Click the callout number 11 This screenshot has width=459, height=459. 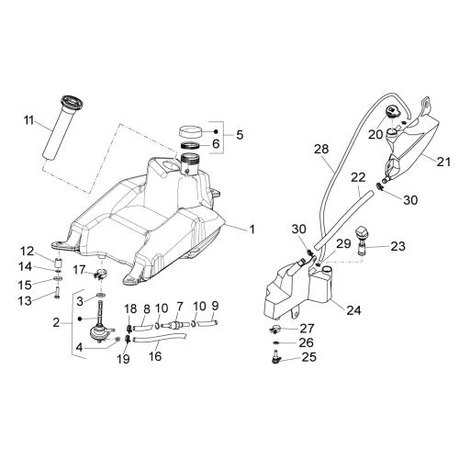[x=28, y=120]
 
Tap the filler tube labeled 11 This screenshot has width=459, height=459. [x=62, y=128]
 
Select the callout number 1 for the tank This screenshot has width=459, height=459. [x=252, y=229]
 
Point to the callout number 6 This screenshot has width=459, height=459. [x=216, y=143]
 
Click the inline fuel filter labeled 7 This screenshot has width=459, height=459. [x=174, y=324]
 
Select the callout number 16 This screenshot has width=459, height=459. [x=155, y=356]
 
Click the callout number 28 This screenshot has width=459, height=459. [x=321, y=149]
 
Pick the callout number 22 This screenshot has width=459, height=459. [x=358, y=177]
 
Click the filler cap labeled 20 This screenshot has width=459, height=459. [x=394, y=112]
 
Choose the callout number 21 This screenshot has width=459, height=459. [x=443, y=162]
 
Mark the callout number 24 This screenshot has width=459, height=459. [x=353, y=310]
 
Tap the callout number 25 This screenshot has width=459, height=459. [x=309, y=357]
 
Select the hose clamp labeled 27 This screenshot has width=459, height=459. [x=276, y=330]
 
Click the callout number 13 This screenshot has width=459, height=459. [x=25, y=300]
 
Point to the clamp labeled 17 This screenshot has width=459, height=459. [x=100, y=274]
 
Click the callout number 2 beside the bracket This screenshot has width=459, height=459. [x=56, y=322]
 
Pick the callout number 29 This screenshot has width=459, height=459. [x=343, y=244]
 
